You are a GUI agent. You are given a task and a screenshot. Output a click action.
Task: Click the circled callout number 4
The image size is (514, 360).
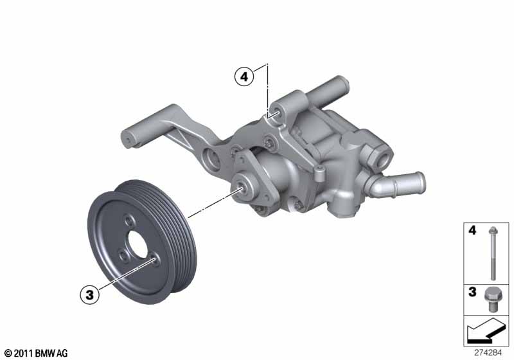(244, 77)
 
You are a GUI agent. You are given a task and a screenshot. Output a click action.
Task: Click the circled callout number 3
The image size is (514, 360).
(89, 294)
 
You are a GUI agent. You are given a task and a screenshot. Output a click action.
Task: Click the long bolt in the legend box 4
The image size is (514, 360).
(493, 253)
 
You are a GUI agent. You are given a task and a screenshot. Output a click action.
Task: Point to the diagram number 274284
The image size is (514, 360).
(488, 353)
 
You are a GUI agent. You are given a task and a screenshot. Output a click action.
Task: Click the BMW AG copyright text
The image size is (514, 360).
(37, 353)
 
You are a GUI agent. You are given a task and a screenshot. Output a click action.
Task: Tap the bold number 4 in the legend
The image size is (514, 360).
(472, 230)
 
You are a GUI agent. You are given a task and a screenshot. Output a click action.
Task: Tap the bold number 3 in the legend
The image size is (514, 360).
(472, 291)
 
